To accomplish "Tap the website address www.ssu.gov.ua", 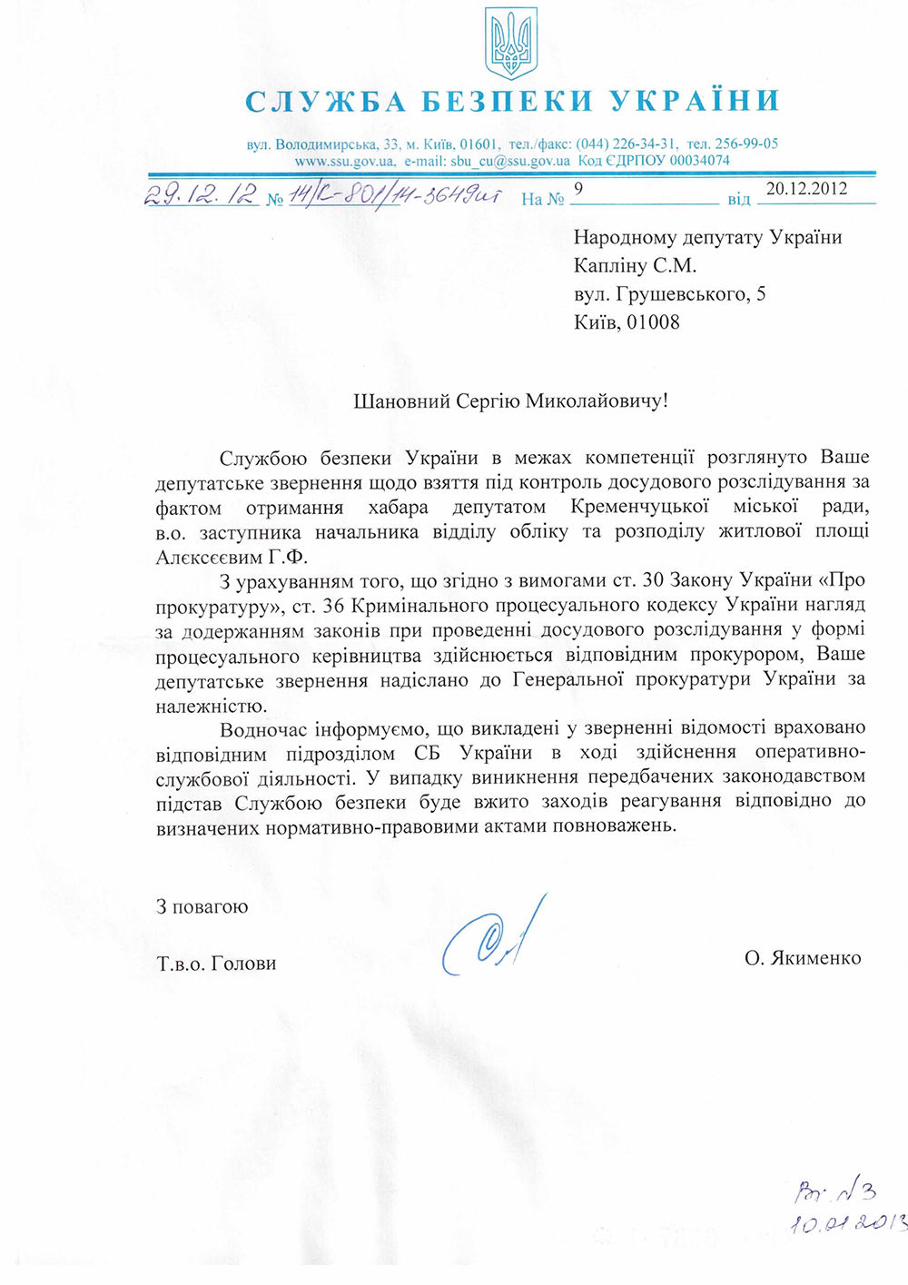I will [344, 162].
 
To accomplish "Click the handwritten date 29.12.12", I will [201, 195].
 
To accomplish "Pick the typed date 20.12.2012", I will [806, 189].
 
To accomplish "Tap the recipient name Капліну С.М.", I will [635, 266].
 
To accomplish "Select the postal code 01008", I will [652, 322].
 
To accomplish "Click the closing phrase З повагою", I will [202, 906].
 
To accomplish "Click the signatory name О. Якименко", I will [803, 958].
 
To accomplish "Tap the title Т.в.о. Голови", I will [216, 964].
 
